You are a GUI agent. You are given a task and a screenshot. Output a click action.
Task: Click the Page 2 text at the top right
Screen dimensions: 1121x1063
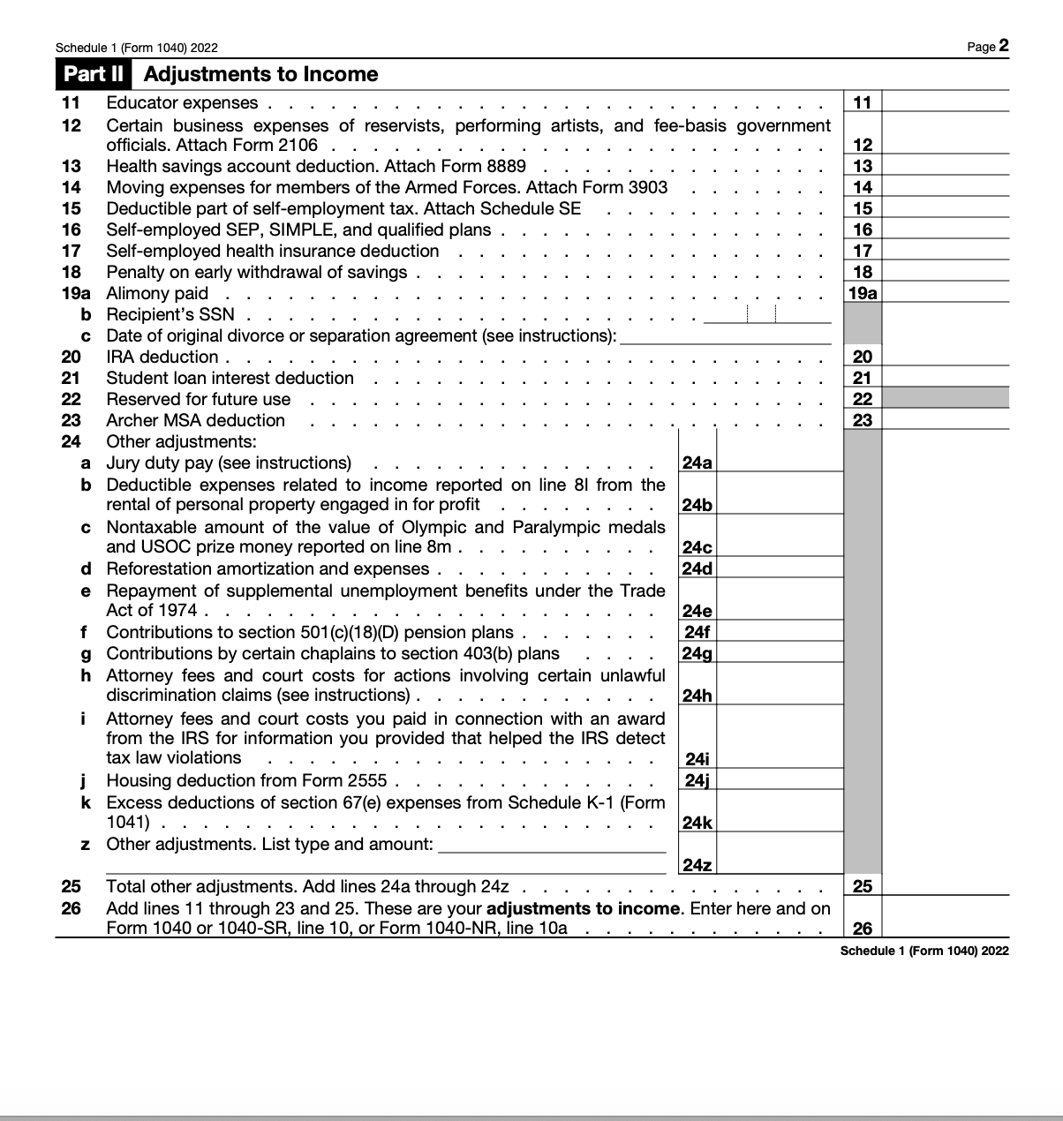pyautogui.click(x=987, y=47)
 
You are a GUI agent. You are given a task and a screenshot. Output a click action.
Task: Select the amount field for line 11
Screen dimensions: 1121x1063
pyautogui.click(x=945, y=102)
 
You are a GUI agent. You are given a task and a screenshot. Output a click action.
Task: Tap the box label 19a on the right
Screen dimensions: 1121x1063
pyautogui.click(x=863, y=293)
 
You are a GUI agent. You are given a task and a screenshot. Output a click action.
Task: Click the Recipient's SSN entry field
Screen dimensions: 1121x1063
pyautogui.click(x=766, y=314)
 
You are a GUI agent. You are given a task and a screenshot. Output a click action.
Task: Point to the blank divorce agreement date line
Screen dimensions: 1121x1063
pyautogui.click(x=725, y=335)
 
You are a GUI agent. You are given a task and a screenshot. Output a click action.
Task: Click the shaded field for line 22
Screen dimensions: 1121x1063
pyautogui.click(x=945, y=398)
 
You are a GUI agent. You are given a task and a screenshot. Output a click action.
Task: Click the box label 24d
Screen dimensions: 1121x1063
pyautogui.click(x=697, y=568)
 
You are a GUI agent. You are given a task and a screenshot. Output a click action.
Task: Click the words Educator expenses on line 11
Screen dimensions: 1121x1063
pyautogui.click(x=182, y=103)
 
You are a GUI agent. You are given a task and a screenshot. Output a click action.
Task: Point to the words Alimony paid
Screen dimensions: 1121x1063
pyautogui.click(x=157, y=293)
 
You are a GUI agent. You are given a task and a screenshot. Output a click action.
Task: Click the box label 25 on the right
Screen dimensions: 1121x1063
pyautogui.click(x=863, y=886)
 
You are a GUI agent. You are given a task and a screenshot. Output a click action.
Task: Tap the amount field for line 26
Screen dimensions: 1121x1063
pyautogui.click(x=945, y=918)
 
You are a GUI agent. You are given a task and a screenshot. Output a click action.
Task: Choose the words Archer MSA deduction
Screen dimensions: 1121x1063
pyautogui.click(x=195, y=420)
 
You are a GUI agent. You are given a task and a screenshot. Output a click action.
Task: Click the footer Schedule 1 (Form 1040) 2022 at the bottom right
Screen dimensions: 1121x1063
pyautogui.click(x=924, y=951)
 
